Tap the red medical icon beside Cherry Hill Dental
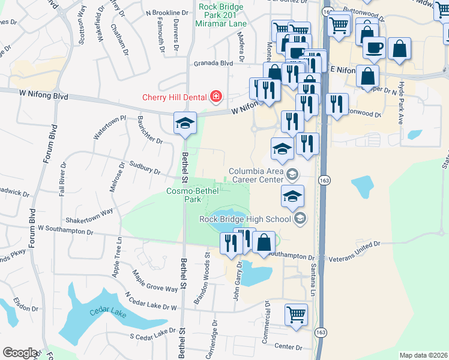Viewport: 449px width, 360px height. [215, 97]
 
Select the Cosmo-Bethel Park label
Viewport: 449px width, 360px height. [193, 195]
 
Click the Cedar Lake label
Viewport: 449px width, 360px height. [106, 311]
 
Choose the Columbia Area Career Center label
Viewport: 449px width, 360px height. [255, 175]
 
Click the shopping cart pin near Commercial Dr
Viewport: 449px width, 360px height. [297, 314]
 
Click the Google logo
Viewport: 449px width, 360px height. [20, 353]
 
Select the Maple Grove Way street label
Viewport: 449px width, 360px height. [155, 281]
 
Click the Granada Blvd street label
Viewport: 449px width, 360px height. [212, 63]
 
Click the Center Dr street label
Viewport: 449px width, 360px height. [288, 347]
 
